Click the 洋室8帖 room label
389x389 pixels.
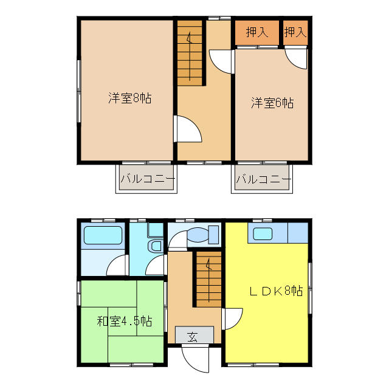130,97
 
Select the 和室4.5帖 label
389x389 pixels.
124,321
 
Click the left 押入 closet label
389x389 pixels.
257,32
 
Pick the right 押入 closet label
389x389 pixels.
295,32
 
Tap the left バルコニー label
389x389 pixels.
147,179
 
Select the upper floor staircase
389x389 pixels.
190,52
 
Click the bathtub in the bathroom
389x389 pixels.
103,236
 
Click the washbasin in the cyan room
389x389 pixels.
156,246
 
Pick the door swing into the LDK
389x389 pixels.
232,318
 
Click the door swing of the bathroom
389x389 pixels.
118,266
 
